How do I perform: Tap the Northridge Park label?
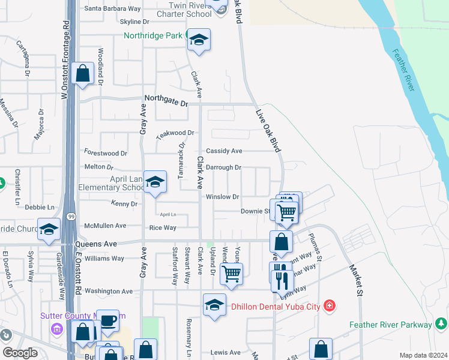[152, 36]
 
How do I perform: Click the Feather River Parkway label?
[391, 325]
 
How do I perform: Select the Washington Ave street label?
[109, 291]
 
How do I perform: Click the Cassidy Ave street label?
[224, 151]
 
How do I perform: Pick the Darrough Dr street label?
[223, 167]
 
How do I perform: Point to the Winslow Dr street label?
[223, 197]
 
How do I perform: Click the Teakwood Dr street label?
[175, 133]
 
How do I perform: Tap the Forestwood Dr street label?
[106, 154]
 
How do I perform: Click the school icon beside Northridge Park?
[199, 41]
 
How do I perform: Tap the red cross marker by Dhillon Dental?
[329, 307]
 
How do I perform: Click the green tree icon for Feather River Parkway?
[442, 325]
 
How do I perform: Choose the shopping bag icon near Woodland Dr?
[82, 74]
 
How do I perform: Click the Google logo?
[20, 353]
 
